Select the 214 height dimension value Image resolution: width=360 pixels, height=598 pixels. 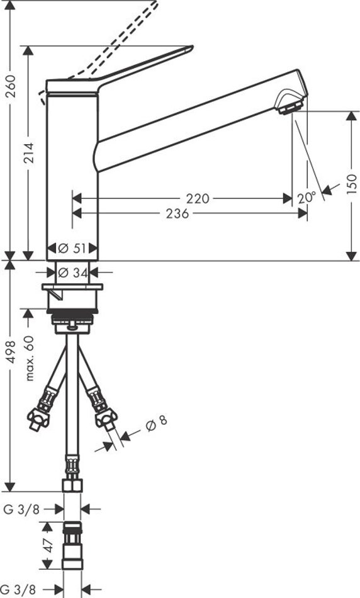(x=29, y=153)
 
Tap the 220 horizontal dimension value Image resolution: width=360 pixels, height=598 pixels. (x=198, y=198)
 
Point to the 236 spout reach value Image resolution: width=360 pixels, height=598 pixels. (x=177, y=213)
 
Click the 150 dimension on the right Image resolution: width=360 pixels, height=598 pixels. (x=352, y=183)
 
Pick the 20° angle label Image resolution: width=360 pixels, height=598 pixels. (x=307, y=198)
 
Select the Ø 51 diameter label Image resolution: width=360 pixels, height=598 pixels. (x=72, y=248)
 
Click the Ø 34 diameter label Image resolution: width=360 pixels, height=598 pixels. (x=72, y=273)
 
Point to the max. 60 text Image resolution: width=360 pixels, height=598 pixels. (x=29, y=358)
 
